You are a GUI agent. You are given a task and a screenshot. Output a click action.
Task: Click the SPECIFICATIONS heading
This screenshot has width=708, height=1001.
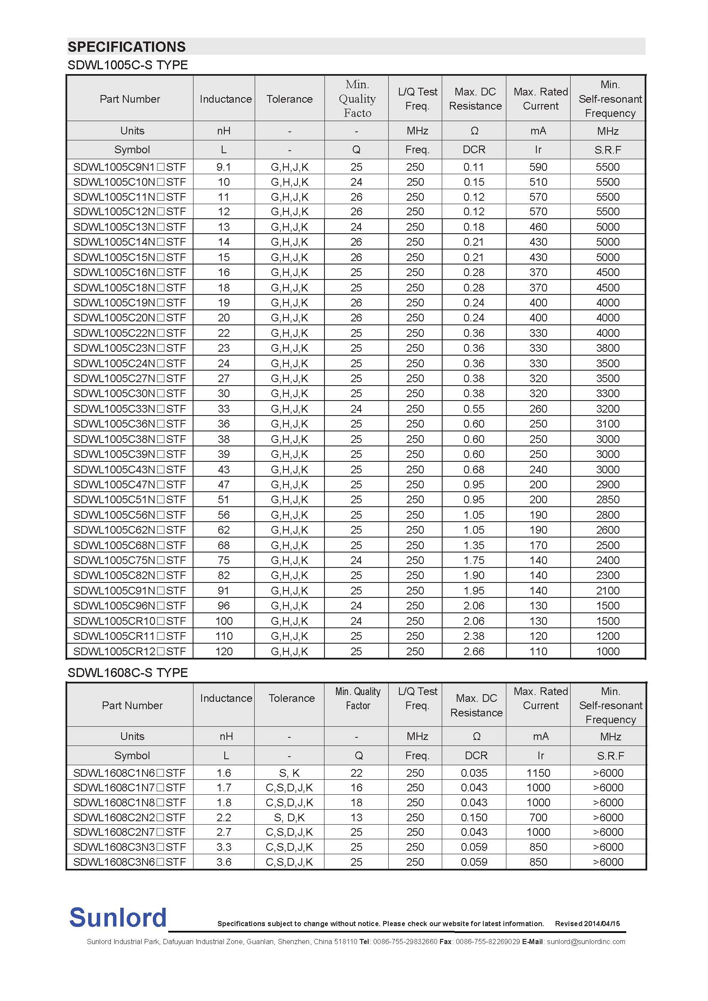pyautogui.click(x=126, y=47)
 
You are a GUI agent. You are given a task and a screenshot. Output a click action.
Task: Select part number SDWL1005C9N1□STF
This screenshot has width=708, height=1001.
pyautogui.click(x=129, y=167)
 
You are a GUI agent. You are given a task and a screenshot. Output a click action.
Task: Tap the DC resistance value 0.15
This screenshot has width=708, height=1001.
pyautogui.click(x=474, y=182)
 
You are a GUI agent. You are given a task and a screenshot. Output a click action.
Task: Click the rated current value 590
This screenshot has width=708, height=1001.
pyautogui.click(x=538, y=167)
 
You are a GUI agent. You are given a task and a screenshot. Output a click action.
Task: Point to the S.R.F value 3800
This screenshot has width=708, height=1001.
pyautogui.click(x=607, y=348)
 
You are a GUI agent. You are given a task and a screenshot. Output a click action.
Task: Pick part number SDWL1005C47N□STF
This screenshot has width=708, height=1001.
pyautogui.click(x=129, y=484)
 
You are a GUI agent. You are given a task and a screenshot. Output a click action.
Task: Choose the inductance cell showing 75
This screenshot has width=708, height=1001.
pyautogui.click(x=223, y=560)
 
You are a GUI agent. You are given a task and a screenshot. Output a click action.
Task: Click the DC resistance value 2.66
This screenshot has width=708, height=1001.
pyautogui.click(x=474, y=651)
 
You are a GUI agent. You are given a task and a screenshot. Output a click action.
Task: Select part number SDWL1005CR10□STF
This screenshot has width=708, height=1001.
pyautogui.click(x=129, y=621)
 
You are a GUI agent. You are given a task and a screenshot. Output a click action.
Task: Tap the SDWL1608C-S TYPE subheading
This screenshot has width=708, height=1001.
pyautogui.click(x=127, y=673)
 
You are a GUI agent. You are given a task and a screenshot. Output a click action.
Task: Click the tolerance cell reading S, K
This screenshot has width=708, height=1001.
pyautogui.click(x=289, y=773)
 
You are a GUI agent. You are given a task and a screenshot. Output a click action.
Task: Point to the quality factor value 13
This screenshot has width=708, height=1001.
pyautogui.click(x=356, y=817)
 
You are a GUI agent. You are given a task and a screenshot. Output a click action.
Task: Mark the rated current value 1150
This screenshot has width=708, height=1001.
pyautogui.click(x=538, y=773)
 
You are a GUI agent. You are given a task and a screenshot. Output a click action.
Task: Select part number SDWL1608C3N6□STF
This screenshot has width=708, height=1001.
pyautogui.click(x=129, y=862)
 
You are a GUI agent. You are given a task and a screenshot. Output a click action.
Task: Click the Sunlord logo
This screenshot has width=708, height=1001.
pyautogui.click(x=118, y=917)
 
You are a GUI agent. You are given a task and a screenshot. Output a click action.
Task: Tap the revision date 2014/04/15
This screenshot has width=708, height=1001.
pyautogui.click(x=601, y=924)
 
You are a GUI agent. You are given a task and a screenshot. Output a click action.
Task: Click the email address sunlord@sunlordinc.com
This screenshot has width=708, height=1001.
pyautogui.click(x=586, y=941)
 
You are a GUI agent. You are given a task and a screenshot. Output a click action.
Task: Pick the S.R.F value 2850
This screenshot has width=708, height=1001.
pyautogui.click(x=607, y=499)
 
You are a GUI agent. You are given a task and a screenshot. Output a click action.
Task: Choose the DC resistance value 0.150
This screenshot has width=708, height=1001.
pyautogui.click(x=474, y=817)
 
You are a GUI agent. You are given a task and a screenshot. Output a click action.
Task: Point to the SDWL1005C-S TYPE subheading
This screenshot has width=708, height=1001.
pyautogui.click(x=127, y=65)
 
